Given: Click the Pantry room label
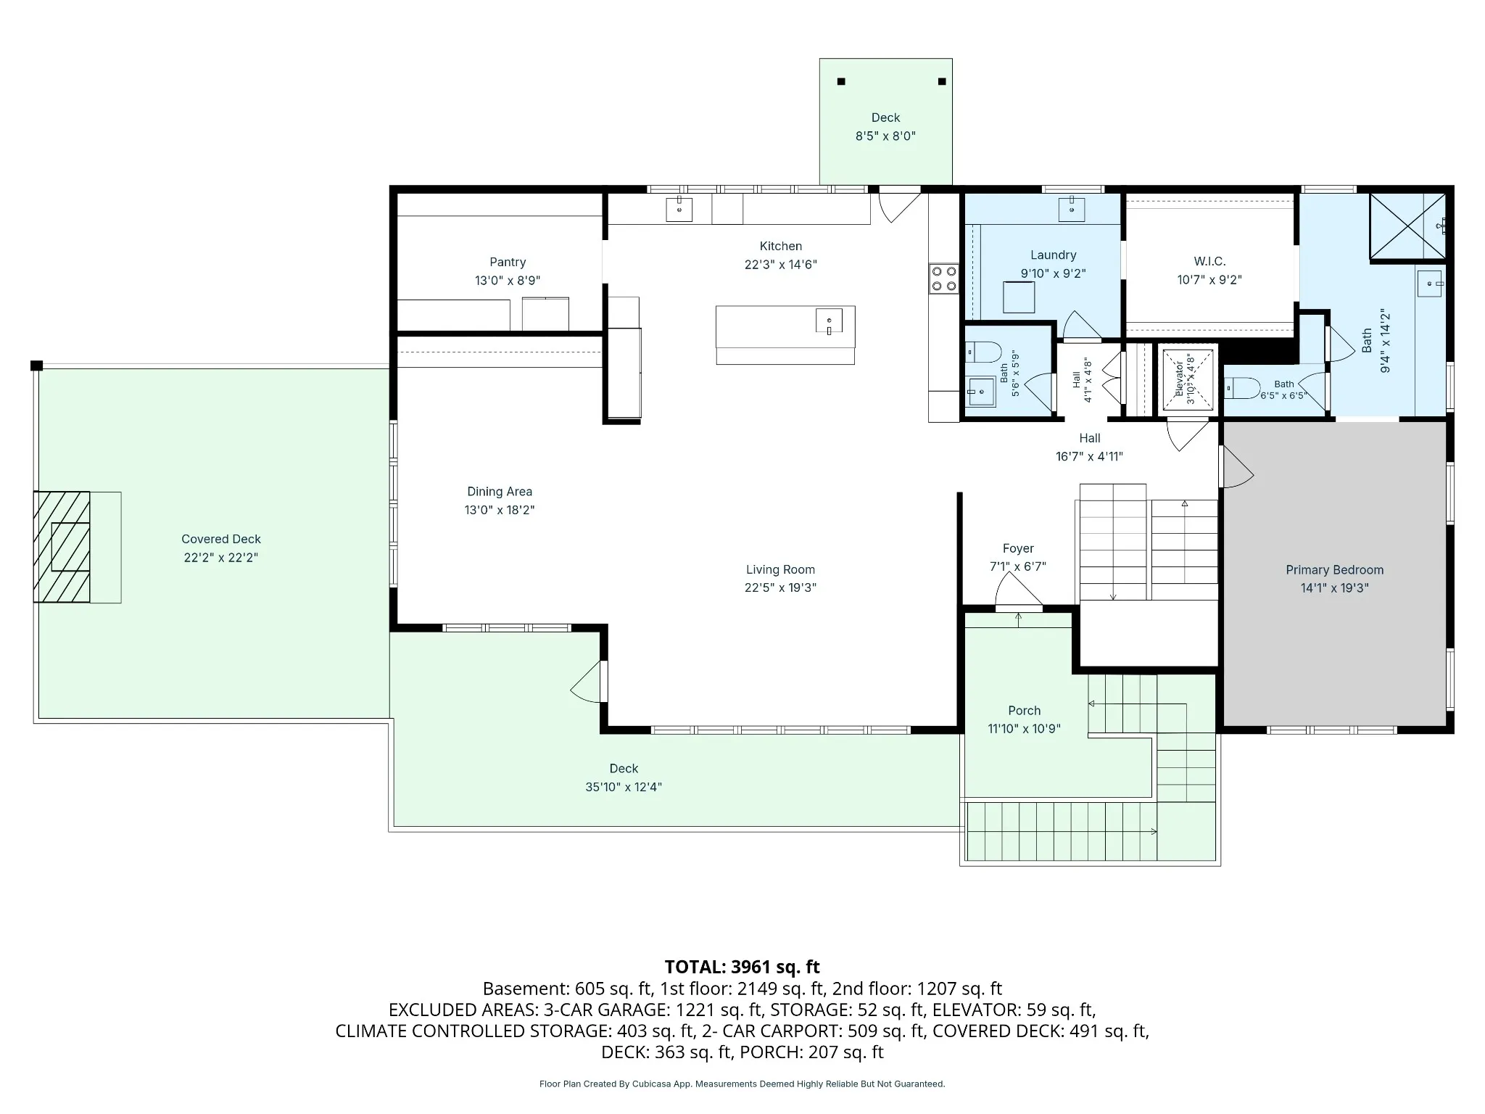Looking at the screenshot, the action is coord(508,262).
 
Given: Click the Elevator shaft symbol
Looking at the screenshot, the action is coord(1187,379).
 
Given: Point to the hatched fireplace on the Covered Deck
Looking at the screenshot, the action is coord(62,547).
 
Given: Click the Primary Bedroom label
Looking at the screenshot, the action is coord(1334,570).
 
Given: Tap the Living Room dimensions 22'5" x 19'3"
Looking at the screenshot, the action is coord(780,587).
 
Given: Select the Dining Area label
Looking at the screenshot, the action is coord(500,492).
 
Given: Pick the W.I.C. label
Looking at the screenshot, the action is coord(1209,261).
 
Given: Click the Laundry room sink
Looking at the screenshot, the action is coord(1071,209).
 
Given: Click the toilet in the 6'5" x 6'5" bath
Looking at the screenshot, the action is coord(1241,388).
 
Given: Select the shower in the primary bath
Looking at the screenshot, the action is coord(1407,226).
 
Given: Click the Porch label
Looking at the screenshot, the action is coord(1024,711).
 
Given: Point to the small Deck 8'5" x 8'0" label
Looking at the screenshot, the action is coord(885,117).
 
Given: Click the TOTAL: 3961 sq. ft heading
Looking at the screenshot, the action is coord(742,967).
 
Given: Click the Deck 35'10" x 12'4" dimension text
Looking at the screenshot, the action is coord(624,787).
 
